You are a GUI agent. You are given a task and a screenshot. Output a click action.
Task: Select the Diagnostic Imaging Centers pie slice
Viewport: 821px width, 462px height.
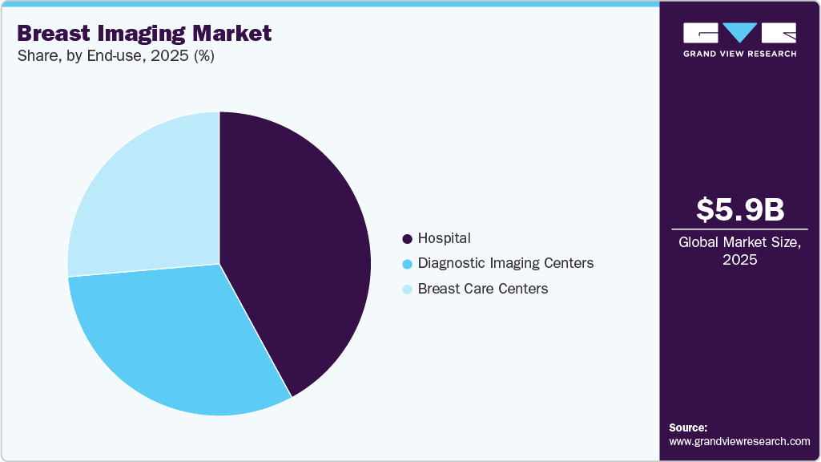coord(176,337)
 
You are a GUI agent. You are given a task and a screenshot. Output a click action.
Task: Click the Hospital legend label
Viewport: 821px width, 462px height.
coord(444,238)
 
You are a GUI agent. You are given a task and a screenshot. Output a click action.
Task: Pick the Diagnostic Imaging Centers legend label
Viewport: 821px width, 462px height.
coord(505,263)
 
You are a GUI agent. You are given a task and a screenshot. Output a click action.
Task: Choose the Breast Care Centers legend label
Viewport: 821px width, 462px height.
coord(483,288)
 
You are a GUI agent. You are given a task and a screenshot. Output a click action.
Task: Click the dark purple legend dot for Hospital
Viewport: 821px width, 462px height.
coord(408,239)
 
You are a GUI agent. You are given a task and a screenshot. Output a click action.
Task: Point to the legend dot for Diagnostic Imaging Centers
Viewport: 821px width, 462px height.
coord(408,264)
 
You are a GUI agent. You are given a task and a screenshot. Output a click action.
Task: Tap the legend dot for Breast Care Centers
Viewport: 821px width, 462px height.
coord(408,289)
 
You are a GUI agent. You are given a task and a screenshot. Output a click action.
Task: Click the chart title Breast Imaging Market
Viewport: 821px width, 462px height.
coord(144,34)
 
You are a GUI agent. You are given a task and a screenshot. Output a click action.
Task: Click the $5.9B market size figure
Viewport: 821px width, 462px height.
coord(739,209)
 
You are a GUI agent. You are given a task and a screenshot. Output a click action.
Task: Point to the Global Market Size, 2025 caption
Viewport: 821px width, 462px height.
coord(739,250)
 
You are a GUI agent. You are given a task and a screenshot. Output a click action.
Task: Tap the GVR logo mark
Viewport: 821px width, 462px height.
coord(739,33)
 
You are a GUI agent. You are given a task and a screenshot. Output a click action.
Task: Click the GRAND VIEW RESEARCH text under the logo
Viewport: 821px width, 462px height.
coord(739,54)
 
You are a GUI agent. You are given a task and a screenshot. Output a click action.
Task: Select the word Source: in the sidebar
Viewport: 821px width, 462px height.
coord(688,428)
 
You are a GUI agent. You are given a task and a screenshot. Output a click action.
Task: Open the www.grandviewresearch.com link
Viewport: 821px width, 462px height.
coord(739,441)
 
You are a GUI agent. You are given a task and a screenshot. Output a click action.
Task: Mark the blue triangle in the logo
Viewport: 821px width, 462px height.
coord(739,32)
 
